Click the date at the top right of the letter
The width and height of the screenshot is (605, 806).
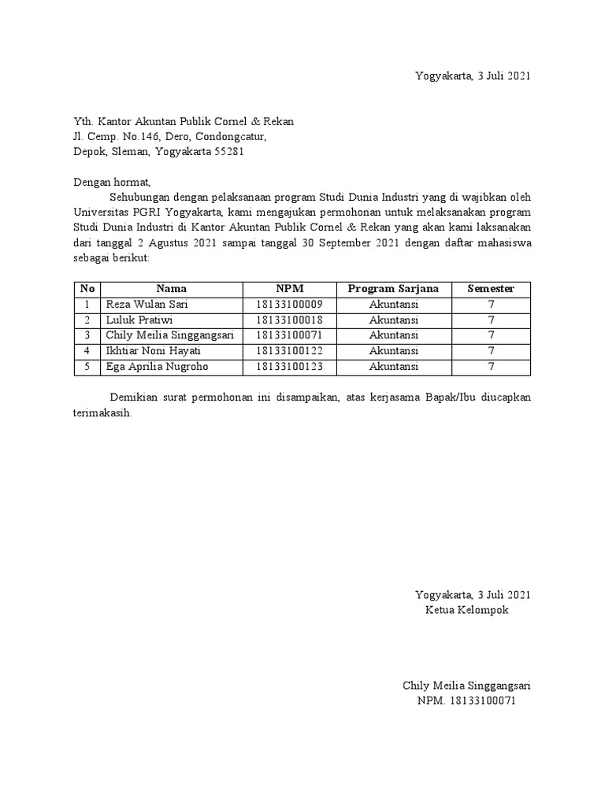click(473, 76)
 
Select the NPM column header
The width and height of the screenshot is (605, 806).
click(289, 289)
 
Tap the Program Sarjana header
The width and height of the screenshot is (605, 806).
click(394, 289)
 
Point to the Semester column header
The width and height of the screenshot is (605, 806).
click(490, 289)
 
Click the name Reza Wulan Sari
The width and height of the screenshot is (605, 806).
click(147, 305)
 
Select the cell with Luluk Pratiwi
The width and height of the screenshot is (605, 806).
click(139, 320)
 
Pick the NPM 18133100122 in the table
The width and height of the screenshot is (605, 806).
click(289, 351)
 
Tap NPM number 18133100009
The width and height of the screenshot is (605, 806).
click(289, 305)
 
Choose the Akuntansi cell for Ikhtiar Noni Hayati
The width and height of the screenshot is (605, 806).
click(394, 351)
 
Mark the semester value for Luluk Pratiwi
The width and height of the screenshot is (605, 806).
click(490, 320)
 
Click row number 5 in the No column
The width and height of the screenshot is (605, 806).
click(87, 367)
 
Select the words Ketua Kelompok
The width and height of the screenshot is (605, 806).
click(467, 610)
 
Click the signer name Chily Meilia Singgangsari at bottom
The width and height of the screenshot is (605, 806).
click(466, 686)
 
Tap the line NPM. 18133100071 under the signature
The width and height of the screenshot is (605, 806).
click(466, 701)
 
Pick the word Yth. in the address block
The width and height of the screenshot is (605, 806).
click(83, 121)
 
